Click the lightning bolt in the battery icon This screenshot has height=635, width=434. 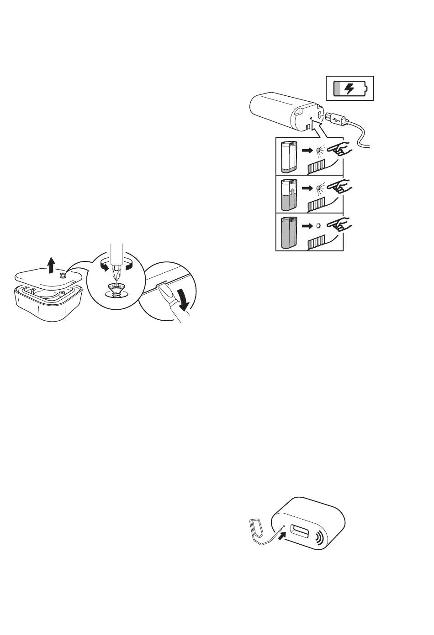(349, 88)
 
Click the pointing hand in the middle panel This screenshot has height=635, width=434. (341, 187)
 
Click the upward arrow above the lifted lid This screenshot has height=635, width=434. (52, 264)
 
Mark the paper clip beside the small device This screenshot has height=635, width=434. (259, 531)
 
